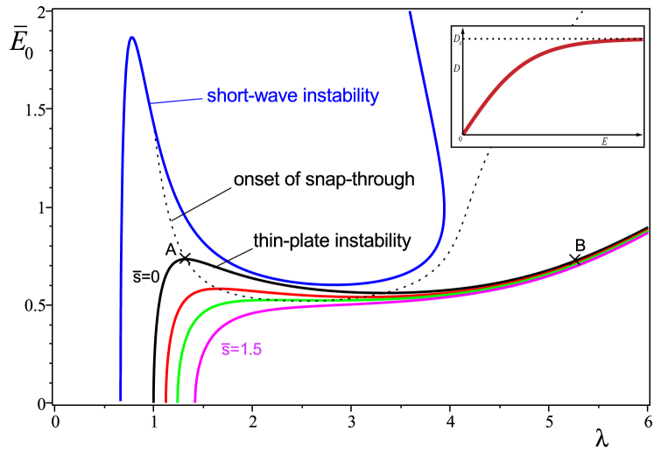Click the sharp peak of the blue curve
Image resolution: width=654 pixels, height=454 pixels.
132,38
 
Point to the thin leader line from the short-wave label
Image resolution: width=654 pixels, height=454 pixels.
178,101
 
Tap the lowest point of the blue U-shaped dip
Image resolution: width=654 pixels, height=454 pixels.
344,283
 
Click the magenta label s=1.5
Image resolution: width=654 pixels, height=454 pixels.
242,349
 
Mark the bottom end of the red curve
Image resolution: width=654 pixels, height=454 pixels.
166,401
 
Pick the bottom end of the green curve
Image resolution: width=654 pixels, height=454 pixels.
179,401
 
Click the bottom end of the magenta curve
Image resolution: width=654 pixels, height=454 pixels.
195,401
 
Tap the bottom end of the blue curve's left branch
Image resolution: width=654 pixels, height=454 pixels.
121,399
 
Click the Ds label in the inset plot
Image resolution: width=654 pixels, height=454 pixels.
456,39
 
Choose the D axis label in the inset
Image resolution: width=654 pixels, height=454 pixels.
456,68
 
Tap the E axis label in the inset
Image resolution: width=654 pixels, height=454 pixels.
604,142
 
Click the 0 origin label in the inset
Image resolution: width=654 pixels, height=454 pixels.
460,140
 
